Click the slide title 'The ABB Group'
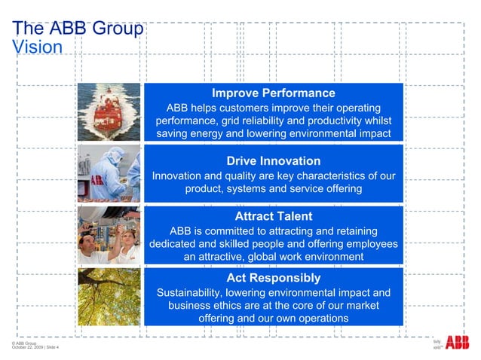(78, 29)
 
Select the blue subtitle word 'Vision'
(38, 46)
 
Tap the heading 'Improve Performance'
(273, 93)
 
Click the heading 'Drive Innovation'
(273, 161)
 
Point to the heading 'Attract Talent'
(273, 216)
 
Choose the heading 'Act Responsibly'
(273, 278)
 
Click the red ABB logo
(456, 344)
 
